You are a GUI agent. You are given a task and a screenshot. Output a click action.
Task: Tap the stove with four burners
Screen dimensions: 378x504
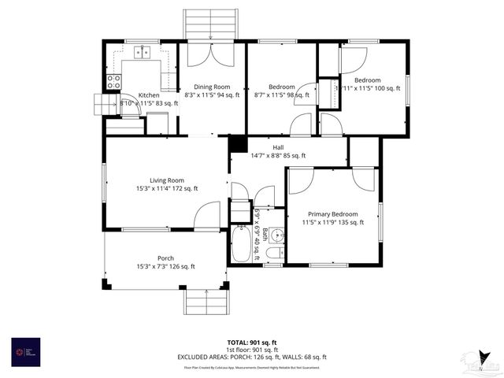coord(113,82)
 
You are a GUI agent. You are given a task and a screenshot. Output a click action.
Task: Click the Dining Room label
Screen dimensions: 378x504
coord(213,87)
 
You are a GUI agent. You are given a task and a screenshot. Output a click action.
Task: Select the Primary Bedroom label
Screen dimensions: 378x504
coord(333,214)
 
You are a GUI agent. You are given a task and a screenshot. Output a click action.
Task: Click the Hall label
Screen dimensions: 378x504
coord(278,147)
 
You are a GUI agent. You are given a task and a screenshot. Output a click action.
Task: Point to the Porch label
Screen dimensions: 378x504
coord(166,258)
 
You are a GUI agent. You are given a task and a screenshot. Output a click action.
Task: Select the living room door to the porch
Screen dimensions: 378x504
coord(208,216)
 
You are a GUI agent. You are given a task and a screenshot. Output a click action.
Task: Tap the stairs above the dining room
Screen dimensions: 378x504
coord(210,24)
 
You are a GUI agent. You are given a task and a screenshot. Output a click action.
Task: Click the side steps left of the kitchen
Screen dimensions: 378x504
coord(103,104)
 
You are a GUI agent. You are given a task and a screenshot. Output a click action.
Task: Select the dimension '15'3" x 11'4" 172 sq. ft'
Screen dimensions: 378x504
coord(167,189)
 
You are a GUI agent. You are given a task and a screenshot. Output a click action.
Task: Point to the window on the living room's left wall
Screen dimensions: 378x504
coord(105,180)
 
